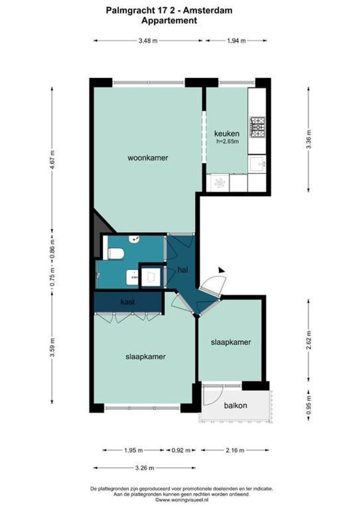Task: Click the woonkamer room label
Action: click(148, 158)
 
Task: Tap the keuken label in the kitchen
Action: click(227, 133)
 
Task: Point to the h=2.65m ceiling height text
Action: click(228, 141)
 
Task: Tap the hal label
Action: click(183, 270)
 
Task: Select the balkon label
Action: click(236, 405)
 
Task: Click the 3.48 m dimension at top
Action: click(147, 41)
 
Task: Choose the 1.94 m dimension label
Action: click(236, 41)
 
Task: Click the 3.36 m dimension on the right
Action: click(309, 140)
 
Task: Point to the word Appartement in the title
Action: click(169, 21)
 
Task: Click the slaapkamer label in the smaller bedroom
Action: click(231, 342)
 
